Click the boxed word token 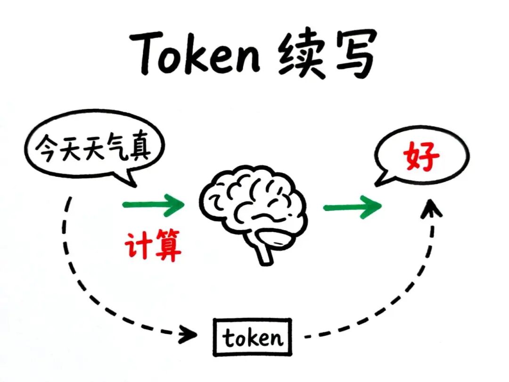252,338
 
